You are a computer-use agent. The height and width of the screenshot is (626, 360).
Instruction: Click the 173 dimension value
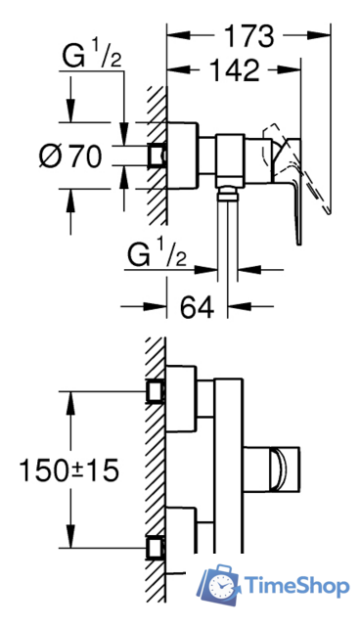pos(249,36)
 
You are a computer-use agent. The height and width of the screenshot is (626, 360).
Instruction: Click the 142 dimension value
pos(234,70)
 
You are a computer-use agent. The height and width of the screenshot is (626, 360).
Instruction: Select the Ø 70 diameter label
pos(69,156)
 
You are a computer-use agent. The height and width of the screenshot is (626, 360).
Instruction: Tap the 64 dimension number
pos(198,306)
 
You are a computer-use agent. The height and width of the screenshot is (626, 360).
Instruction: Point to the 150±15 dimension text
pos(69,469)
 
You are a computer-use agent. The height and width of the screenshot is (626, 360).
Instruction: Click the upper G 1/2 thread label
pos(92,57)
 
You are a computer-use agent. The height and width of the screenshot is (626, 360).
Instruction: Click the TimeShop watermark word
pos(296,586)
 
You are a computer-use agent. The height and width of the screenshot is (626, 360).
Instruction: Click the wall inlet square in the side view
pos(157,155)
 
